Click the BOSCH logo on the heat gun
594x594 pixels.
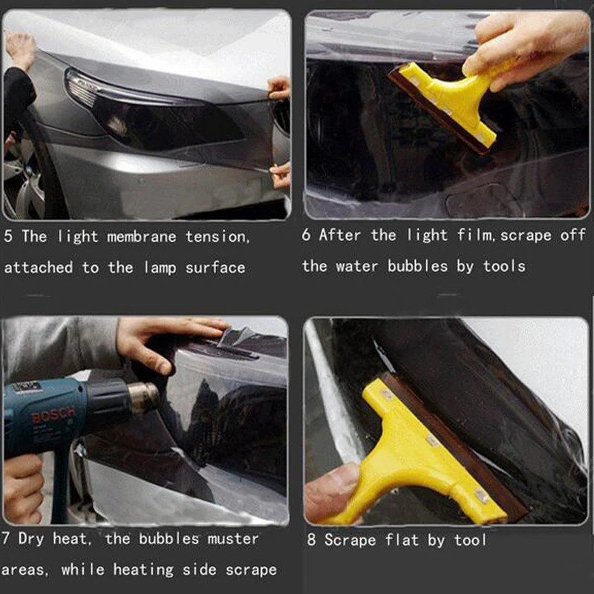(x=53, y=415)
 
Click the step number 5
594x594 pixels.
(x=8, y=236)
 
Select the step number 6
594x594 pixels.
(x=306, y=235)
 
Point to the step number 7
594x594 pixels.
(x=5, y=538)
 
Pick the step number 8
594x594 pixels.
(x=311, y=540)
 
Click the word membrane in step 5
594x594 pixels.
(x=142, y=237)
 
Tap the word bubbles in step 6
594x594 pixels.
(x=417, y=266)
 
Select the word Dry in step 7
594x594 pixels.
(x=31, y=539)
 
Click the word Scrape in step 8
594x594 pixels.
(x=350, y=541)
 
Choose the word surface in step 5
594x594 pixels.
(x=215, y=268)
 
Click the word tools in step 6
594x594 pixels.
(x=504, y=266)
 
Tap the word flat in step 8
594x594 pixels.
(x=402, y=540)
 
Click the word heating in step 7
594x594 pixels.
(x=143, y=569)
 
